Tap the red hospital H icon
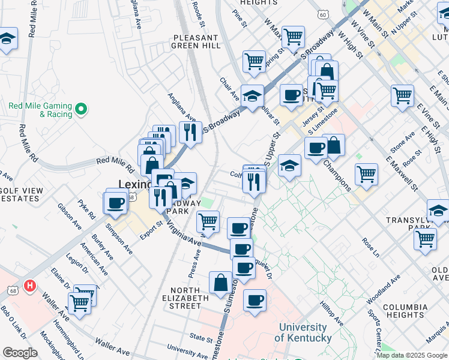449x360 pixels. coord(29,286)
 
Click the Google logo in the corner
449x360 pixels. coord(20,352)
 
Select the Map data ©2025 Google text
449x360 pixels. coord(412,355)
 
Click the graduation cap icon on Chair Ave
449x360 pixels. coord(253,95)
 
